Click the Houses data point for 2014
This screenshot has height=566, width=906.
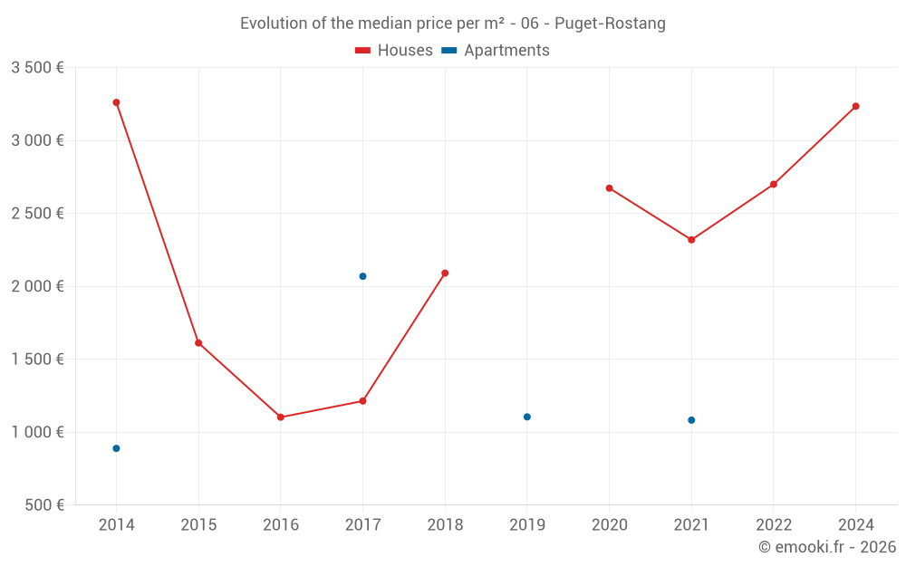(116, 102)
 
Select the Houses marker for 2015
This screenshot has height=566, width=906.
(198, 343)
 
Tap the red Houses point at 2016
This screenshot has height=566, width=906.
(281, 417)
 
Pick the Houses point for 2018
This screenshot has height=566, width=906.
(445, 273)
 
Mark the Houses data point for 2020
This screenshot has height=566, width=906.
(609, 188)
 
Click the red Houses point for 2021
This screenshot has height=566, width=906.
(691, 240)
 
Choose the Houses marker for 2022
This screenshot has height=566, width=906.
(774, 185)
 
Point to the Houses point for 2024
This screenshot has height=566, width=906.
(855, 106)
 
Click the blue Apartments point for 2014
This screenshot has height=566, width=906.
(116, 448)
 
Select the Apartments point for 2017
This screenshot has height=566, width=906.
(362, 276)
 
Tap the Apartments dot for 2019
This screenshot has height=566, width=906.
(527, 417)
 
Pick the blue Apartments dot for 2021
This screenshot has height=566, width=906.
(691, 420)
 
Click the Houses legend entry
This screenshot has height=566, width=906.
(394, 51)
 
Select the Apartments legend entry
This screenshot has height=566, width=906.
(496, 51)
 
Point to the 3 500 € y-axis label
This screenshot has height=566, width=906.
(37, 68)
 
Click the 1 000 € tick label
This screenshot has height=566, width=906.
(37, 432)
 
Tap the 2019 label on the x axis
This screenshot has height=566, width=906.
(527, 524)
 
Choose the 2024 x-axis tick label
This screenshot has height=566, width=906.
(855, 524)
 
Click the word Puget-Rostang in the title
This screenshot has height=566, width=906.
(616, 24)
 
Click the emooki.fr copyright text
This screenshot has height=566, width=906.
(827, 547)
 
